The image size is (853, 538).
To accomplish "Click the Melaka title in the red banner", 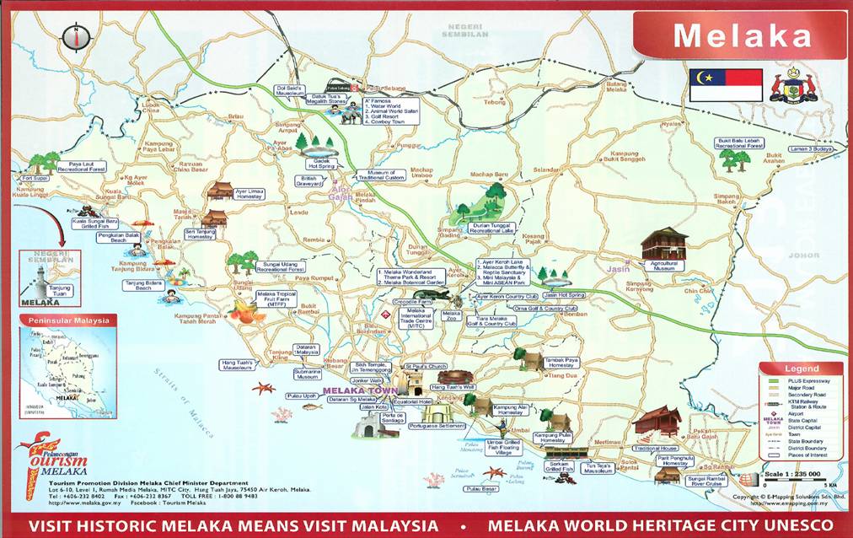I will [742, 35].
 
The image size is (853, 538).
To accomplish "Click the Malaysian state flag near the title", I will [725, 84].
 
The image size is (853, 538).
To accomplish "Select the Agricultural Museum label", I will [664, 265].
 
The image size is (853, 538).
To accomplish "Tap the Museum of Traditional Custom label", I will [381, 175].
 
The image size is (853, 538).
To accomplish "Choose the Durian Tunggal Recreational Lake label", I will [484, 229].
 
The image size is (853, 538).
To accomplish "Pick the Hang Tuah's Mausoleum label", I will [238, 365].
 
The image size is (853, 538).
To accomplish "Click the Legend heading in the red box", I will [801, 369].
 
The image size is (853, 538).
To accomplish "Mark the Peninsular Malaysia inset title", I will [69, 320].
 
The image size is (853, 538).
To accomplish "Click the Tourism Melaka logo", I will [55, 460].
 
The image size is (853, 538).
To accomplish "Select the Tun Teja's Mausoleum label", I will [598, 467].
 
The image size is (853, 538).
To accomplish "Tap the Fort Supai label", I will [35, 179].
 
